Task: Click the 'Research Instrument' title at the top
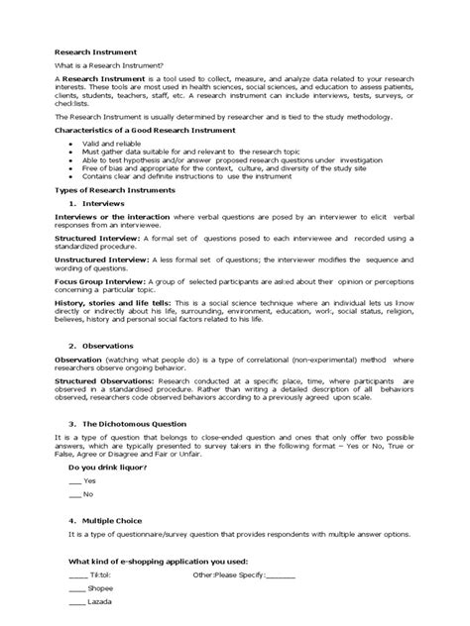(95, 51)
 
